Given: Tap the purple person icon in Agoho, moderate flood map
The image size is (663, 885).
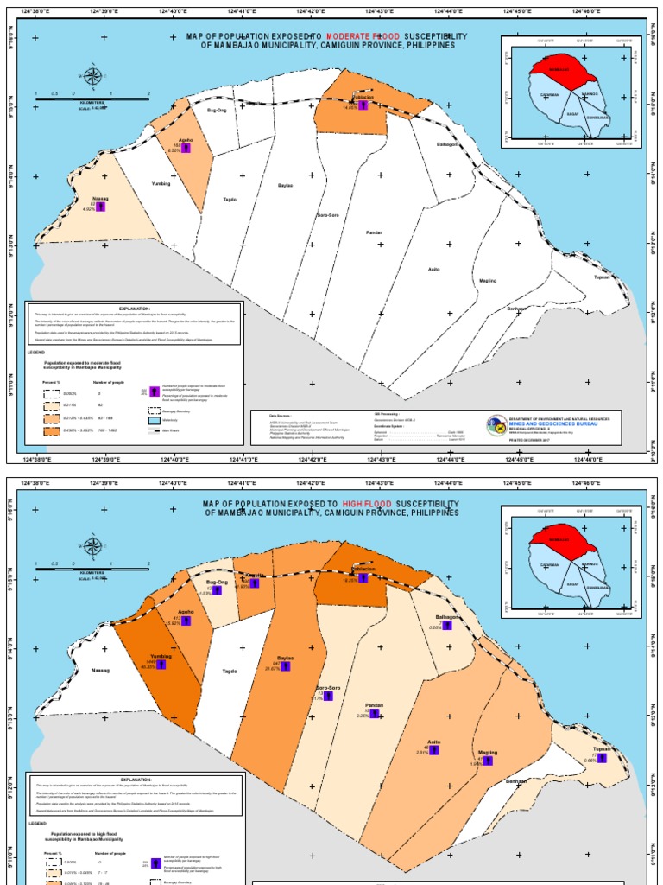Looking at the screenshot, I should pos(186,148).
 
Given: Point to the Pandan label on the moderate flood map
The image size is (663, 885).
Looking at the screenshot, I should pos(374,232).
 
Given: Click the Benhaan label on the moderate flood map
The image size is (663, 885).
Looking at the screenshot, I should pos(516,309).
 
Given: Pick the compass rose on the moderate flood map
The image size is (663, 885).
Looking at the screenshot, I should pos(91,75).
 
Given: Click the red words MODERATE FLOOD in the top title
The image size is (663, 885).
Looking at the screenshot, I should pos(363,36).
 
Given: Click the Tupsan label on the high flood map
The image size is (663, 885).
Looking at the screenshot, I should pos(602,749).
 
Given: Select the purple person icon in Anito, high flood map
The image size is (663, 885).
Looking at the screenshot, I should pos(433,749).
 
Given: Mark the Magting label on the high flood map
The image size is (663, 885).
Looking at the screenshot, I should pos(488,752).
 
